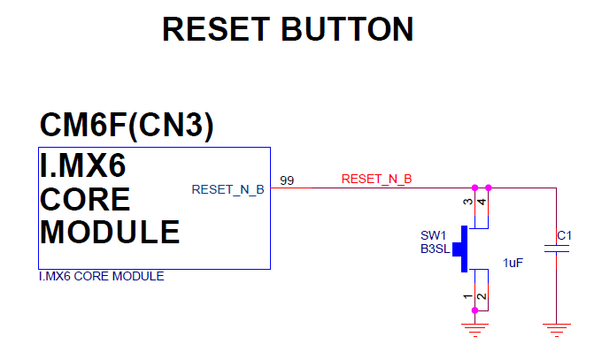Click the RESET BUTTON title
click(x=288, y=29)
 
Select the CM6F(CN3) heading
click(x=127, y=126)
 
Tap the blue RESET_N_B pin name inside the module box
click(x=228, y=189)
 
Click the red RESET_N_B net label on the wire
click(x=376, y=180)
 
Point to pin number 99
click(x=287, y=180)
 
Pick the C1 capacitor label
click(x=563, y=235)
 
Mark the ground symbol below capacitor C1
click(x=556, y=331)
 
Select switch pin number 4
click(x=482, y=203)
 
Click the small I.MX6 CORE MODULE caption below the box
click(x=101, y=277)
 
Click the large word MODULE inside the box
click(x=111, y=232)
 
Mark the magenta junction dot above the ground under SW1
click(x=475, y=310)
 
